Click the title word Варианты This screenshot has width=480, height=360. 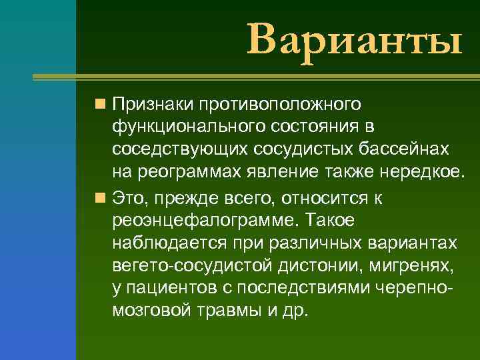[x=354, y=39]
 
